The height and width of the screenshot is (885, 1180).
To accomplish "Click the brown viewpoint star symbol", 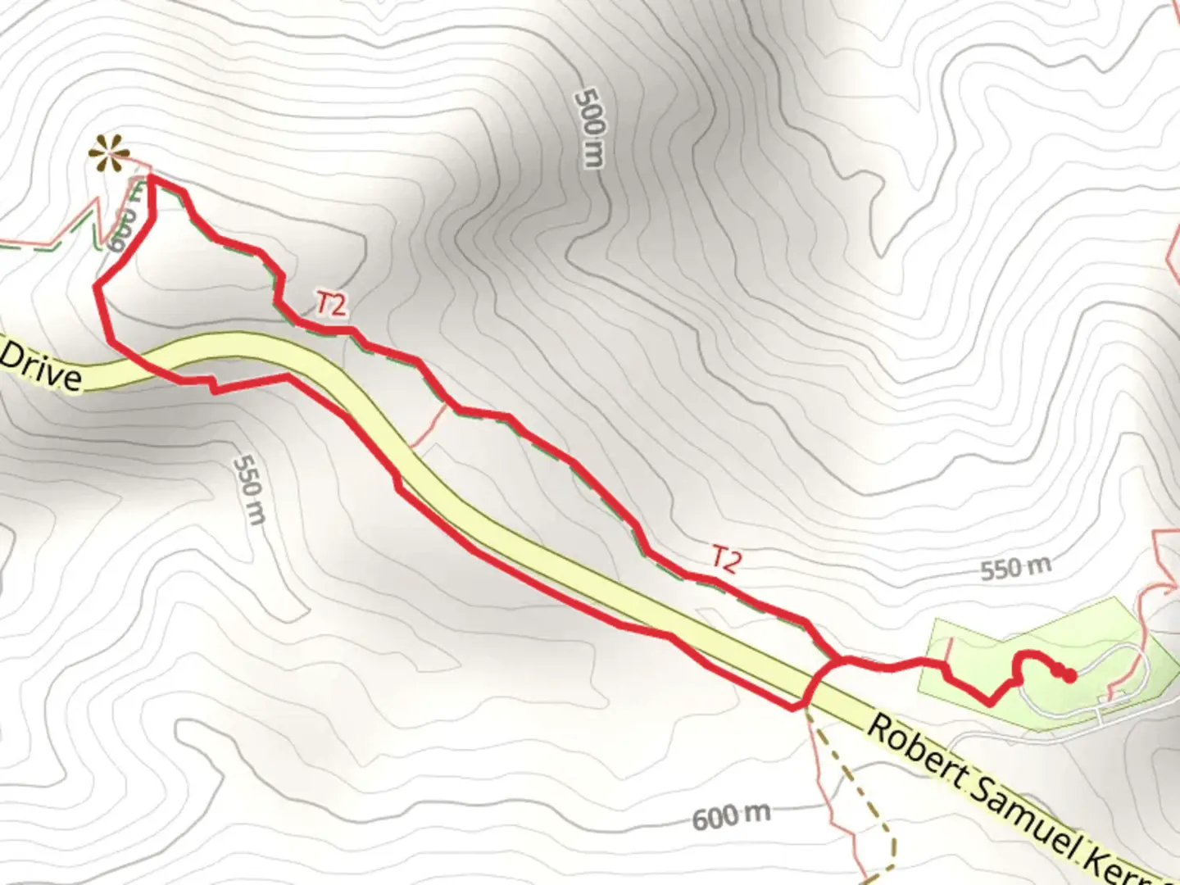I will coord(108,153).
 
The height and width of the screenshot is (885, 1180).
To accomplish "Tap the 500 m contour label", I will coord(591,127).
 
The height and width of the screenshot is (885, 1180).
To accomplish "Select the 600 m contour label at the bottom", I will coord(731,815).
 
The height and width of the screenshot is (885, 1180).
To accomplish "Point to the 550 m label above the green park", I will coord(1015,568).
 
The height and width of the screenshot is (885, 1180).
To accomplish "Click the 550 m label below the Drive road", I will coord(249,489).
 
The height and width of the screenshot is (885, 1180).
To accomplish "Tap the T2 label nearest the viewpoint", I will coord(331,305).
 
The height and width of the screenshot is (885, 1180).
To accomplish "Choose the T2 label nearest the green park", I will coord(725,559).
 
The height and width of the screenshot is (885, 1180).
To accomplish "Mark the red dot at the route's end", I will coord(1069,675).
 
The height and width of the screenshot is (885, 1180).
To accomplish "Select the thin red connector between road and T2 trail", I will coord(429,427).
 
